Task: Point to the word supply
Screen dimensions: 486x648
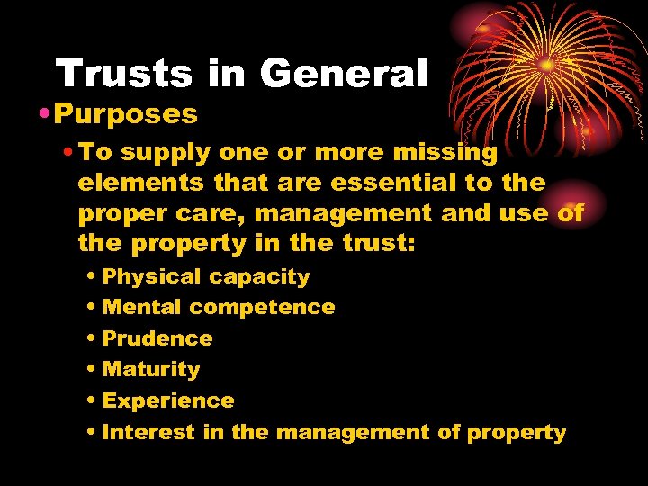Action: pos(155,154)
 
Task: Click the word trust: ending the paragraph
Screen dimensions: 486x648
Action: pos(376,244)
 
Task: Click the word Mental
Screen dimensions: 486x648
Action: pos(142,307)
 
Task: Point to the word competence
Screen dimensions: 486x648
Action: pos(262,308)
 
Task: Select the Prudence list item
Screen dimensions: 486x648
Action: pos(157,338)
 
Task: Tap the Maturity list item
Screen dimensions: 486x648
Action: pos(151,369)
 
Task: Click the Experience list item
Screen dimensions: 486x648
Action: pos(168,400)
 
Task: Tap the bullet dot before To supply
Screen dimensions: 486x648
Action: pos(69,153)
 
